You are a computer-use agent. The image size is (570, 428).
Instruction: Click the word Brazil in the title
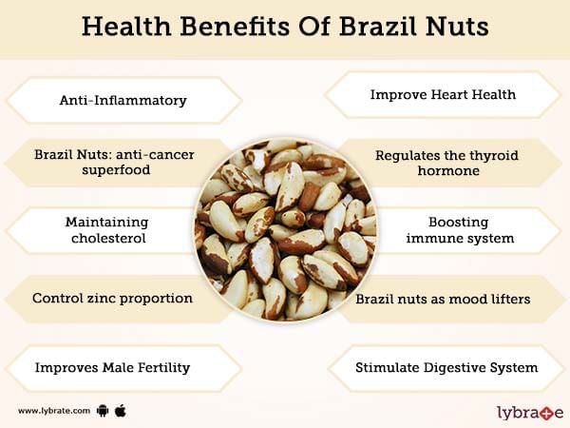coord(378,27)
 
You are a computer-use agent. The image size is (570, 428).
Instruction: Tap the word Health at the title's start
coord(126,27)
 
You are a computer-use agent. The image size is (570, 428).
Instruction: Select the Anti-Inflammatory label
coord(123,100)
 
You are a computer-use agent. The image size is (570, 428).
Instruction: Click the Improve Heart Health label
coord(443,94)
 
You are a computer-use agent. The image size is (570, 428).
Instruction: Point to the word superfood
coord(116,170)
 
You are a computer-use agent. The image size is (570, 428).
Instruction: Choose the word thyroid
coord(493,156)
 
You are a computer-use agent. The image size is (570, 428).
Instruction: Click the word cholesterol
coord(108,238)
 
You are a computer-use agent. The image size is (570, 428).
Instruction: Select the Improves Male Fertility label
coord(112,367)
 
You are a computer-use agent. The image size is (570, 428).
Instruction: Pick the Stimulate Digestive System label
coord(446,367)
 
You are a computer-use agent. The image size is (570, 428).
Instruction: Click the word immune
coord(427,239)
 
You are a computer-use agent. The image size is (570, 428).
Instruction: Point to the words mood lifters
coord(489,300)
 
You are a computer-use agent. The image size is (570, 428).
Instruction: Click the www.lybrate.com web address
coord(54,411)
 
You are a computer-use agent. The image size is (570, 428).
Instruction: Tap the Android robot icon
coord(103,411)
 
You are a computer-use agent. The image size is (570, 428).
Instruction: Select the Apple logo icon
coord(121,411)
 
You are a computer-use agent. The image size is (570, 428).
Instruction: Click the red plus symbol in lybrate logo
coord(547,413)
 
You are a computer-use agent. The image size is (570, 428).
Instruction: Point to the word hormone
coord(448,170)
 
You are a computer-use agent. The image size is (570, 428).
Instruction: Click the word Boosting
coord(458,223)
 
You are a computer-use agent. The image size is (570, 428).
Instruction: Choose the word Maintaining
coord(106,223)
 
